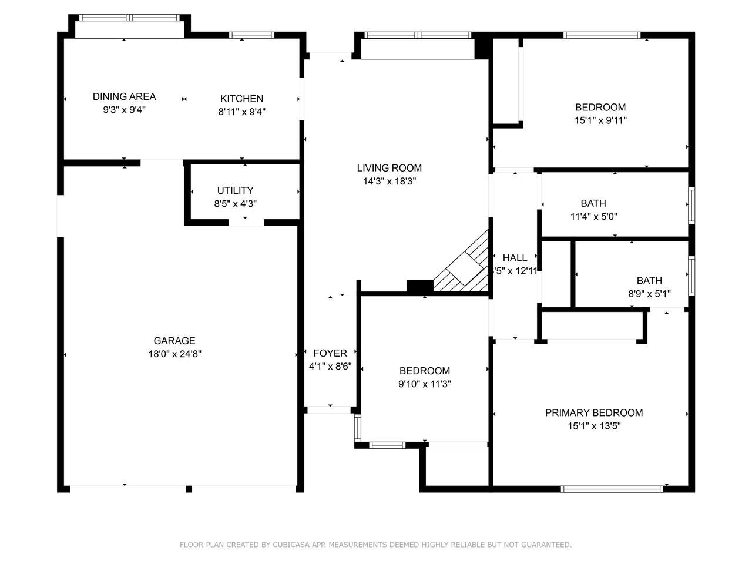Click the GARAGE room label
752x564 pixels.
tap(174, 341)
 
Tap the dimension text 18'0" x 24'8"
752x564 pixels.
tap(174, 354)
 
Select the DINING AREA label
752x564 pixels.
tap(125, 96)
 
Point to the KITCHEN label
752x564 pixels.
tap(242, 99)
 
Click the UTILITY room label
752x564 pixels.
tap(236, 190)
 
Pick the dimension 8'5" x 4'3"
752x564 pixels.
tap(236, 204)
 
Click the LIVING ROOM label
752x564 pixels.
tap(390, 168)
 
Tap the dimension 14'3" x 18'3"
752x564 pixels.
tap(390, 181)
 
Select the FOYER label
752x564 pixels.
tap(330, 353)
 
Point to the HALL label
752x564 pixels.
tap(515, 257)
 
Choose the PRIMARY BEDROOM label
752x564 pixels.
tap(594, 412)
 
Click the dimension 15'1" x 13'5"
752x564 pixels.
tap(595, 426)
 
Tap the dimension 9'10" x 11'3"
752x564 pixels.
tap(425, 384)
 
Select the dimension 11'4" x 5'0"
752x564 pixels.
tap(594, 216)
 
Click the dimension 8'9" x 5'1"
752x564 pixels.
tap(649, 294)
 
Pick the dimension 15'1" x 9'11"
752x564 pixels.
tap(600, 120)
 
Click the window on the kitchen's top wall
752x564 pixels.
tap(251, 35)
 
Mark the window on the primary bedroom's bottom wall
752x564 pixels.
tap(612, 489)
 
